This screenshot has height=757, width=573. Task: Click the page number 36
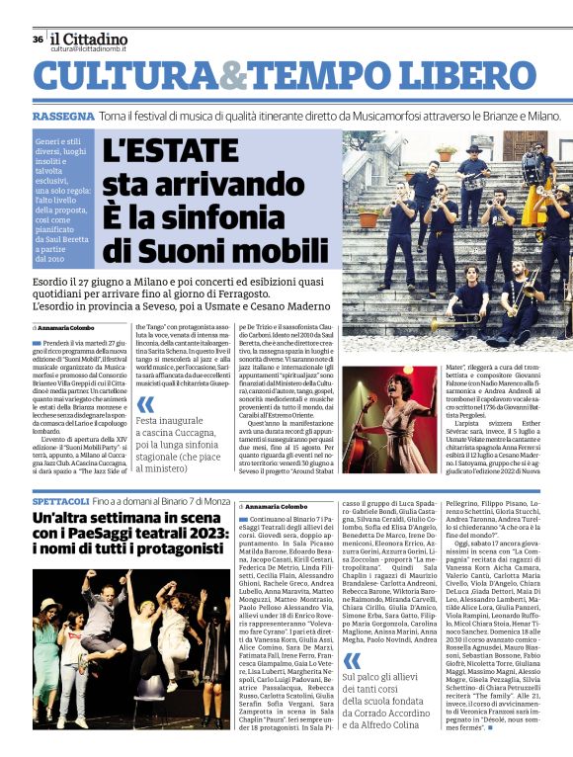point(38,40)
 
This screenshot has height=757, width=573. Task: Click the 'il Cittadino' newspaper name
point(89,38)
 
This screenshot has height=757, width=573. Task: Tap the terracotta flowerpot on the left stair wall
point(368,218)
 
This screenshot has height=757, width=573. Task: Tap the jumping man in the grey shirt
point(133,613)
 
